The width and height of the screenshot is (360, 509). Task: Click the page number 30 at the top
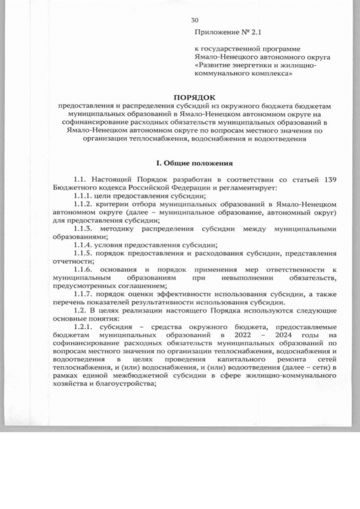(x=195, y=19)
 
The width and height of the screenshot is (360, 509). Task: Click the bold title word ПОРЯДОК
(x=194, y=97)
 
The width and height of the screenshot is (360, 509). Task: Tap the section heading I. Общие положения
(x=194, y=164)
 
